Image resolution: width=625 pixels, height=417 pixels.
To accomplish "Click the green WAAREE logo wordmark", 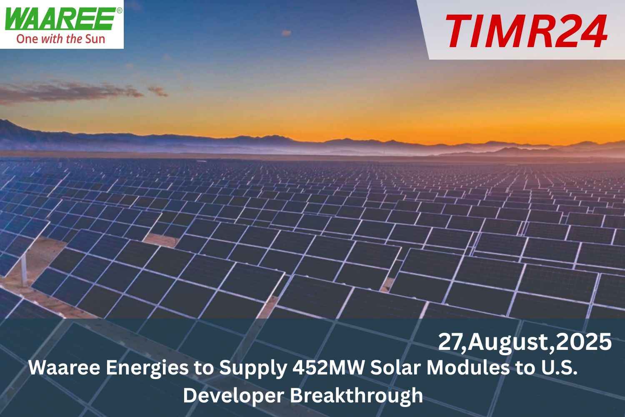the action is coord(60,19).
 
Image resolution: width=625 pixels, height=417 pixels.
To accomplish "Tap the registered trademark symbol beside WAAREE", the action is coord(120,10).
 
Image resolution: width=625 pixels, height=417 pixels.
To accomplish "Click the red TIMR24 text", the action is coord(526,32).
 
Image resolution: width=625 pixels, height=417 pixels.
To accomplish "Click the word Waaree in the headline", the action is coord(64,368).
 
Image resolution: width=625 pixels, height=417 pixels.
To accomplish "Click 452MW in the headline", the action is coord(329,368).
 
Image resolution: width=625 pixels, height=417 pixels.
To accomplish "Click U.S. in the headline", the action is coord(556,368).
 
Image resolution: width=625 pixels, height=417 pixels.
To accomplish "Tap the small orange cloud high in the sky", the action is coord(286,33).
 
